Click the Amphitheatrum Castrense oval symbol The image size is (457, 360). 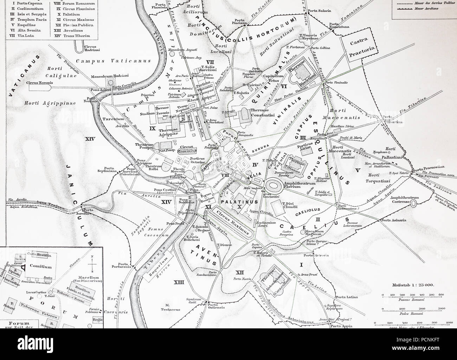414,203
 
